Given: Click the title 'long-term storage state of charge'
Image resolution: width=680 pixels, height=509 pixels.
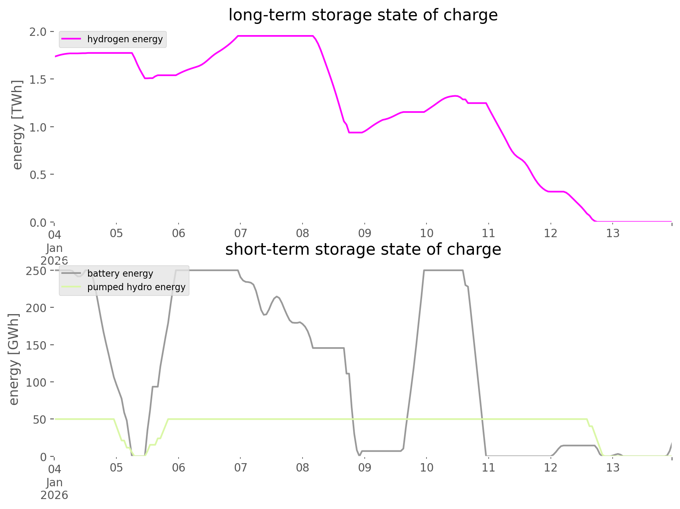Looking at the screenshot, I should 363,15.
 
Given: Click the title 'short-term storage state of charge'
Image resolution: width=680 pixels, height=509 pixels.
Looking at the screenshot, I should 363,250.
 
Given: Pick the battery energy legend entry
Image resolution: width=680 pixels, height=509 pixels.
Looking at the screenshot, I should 120,273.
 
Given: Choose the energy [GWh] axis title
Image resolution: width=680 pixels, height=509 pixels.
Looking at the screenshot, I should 14,359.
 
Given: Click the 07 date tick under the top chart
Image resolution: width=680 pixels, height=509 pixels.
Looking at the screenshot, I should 240,233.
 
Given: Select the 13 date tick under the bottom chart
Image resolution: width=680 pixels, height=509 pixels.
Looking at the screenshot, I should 613,468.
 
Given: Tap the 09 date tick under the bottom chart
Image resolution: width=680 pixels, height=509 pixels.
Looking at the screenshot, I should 364,468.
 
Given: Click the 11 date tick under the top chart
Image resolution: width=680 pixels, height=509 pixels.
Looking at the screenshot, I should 488,233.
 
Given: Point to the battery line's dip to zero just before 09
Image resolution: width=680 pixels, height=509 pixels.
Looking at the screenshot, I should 360,455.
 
